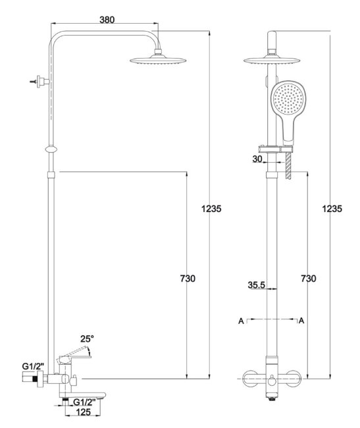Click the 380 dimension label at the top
point(107,20)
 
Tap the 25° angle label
point(87,338)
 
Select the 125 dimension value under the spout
point(83,412)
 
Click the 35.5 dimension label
point(257,285)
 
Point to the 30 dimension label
point(257,159)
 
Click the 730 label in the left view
point(188,279)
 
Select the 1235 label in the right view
point(332,209)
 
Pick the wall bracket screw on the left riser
point(34,82)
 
